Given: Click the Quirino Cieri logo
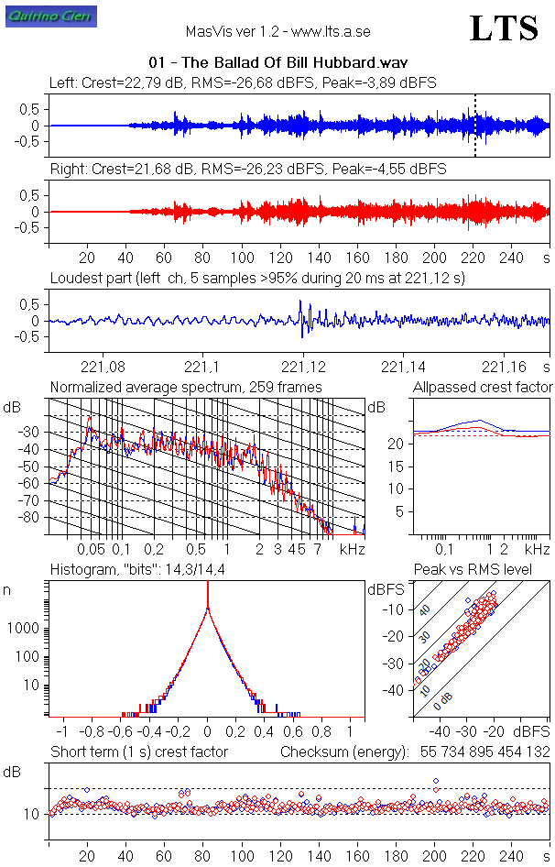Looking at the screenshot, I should point(38,17).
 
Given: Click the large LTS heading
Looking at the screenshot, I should point(504,28).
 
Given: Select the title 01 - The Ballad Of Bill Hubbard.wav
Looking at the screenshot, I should point(277,62).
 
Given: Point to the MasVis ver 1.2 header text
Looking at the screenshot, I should point(277,31).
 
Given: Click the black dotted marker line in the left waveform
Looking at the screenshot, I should point(474,126).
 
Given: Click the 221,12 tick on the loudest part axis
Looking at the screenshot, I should point(299,368).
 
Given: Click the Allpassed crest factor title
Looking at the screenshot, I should point(483,387).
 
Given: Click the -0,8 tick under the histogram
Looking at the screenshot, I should point(92,733).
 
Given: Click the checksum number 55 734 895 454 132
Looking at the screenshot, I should point(484,752).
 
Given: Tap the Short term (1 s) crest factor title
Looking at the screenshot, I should point(139,752).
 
